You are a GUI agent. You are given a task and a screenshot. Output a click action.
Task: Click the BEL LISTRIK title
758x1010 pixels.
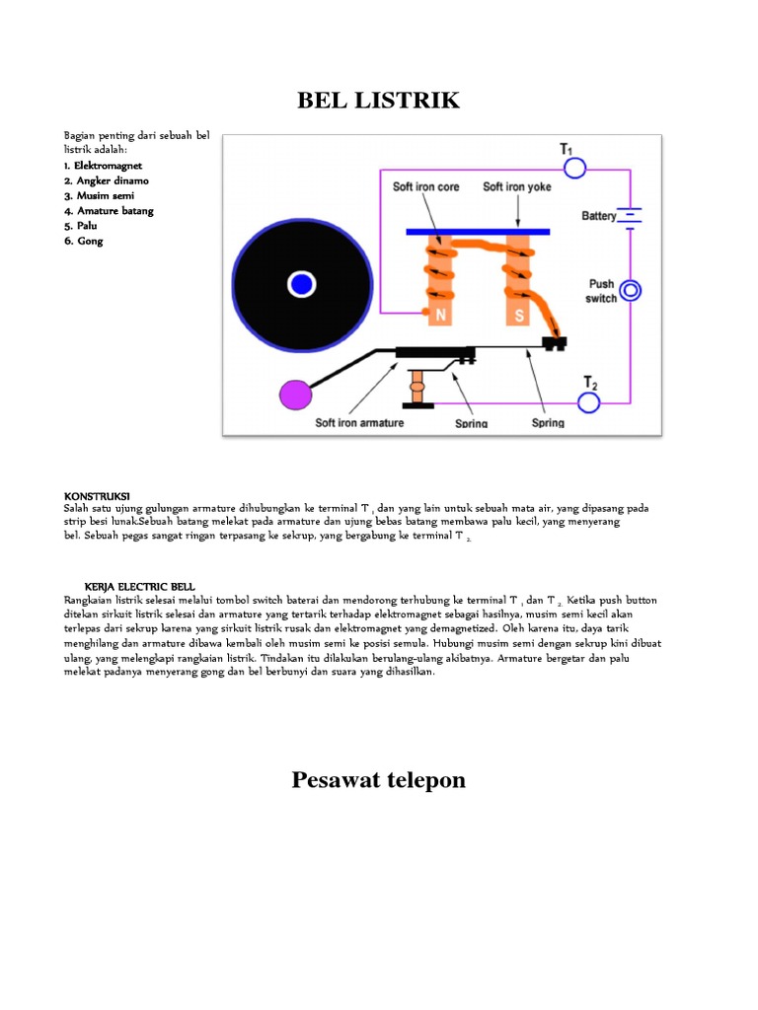click(379, 101)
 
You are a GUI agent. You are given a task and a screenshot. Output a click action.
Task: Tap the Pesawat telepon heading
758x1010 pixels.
click(379, 780)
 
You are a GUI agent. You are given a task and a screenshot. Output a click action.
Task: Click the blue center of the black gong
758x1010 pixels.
click(302, 285)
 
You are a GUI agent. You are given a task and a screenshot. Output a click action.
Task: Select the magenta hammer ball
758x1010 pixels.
click(295, 395)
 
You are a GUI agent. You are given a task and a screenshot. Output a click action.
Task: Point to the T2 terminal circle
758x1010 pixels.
click(589, 401)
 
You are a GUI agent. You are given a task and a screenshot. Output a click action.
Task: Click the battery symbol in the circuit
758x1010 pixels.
click(631, 215)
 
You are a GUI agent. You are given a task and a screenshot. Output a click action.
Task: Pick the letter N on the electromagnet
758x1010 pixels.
click(439, 316)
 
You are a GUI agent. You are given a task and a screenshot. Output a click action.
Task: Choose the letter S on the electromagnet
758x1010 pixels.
click(514, 316)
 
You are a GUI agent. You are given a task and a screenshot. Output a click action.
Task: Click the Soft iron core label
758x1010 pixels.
click(426, 187)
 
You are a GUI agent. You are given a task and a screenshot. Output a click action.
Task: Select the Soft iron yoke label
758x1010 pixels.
click(517, 187)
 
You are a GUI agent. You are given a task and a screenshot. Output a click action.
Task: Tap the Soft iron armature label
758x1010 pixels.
click(359, 423)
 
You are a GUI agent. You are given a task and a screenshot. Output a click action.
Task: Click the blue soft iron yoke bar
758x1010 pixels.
click(479, 232)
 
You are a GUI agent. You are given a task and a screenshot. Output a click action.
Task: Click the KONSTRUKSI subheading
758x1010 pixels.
click(97, 495)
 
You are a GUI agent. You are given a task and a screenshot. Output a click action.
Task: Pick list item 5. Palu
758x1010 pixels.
click(83, 226)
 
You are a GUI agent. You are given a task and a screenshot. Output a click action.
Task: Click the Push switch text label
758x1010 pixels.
click(601, 291)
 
